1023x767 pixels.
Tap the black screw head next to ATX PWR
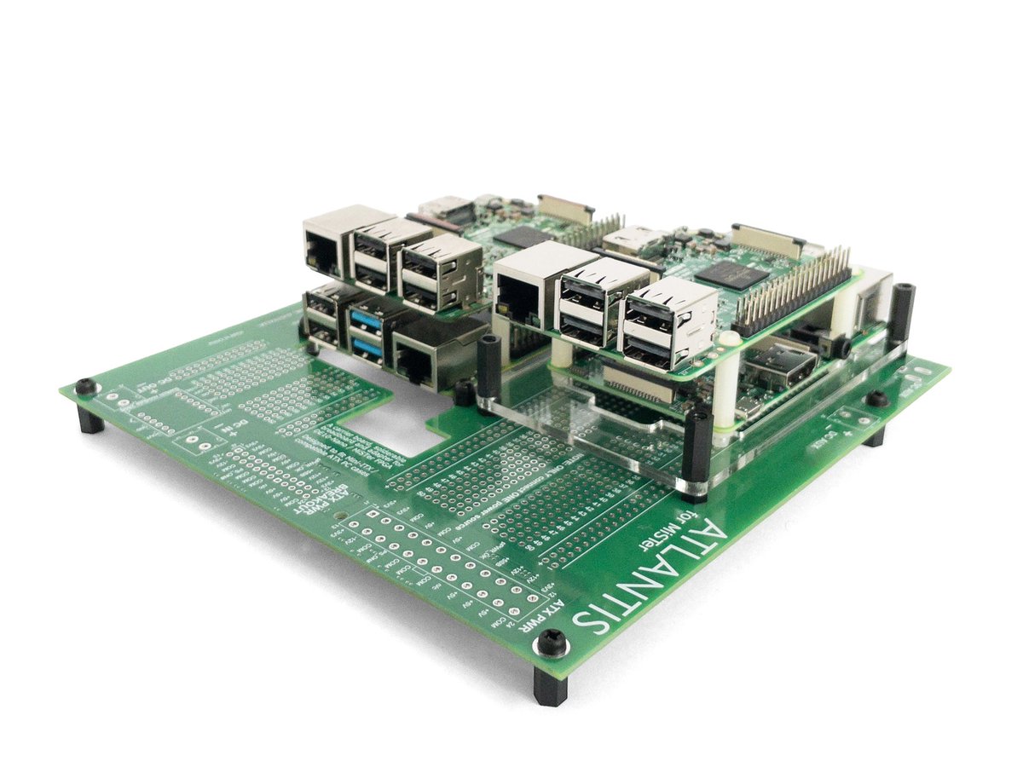pos(552,644)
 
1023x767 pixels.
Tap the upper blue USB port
pos(365,320)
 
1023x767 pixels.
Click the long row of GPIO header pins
pos(793,290)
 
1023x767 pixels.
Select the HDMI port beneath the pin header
pos(771,362)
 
